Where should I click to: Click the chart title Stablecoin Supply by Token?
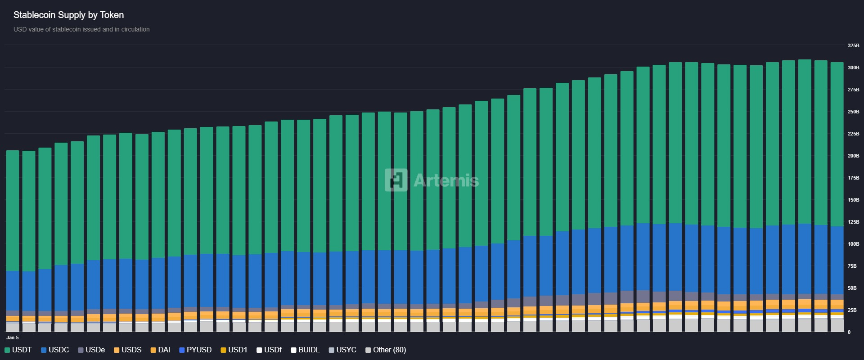[68, 15]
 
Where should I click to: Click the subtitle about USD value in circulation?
[81, 29]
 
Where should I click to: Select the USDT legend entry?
[18, 350]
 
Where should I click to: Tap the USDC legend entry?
[55, 350]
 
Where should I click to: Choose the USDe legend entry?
[91, 350]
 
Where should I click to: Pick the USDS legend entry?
[128, 350]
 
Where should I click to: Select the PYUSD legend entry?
[195, 350]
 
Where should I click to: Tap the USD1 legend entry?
[234, 350]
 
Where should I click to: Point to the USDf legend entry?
[269, 350]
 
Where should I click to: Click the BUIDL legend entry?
[305, 350]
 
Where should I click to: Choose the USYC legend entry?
[342, 350]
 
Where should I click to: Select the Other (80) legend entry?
[386, 350]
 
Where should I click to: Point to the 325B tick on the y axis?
[853, 45]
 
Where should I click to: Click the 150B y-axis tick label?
[853, 200]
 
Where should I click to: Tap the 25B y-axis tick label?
[852, 310]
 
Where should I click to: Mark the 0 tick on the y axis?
[849, 332]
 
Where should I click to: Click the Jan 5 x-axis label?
[13, 337]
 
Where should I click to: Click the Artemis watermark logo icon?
[396, 180]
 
